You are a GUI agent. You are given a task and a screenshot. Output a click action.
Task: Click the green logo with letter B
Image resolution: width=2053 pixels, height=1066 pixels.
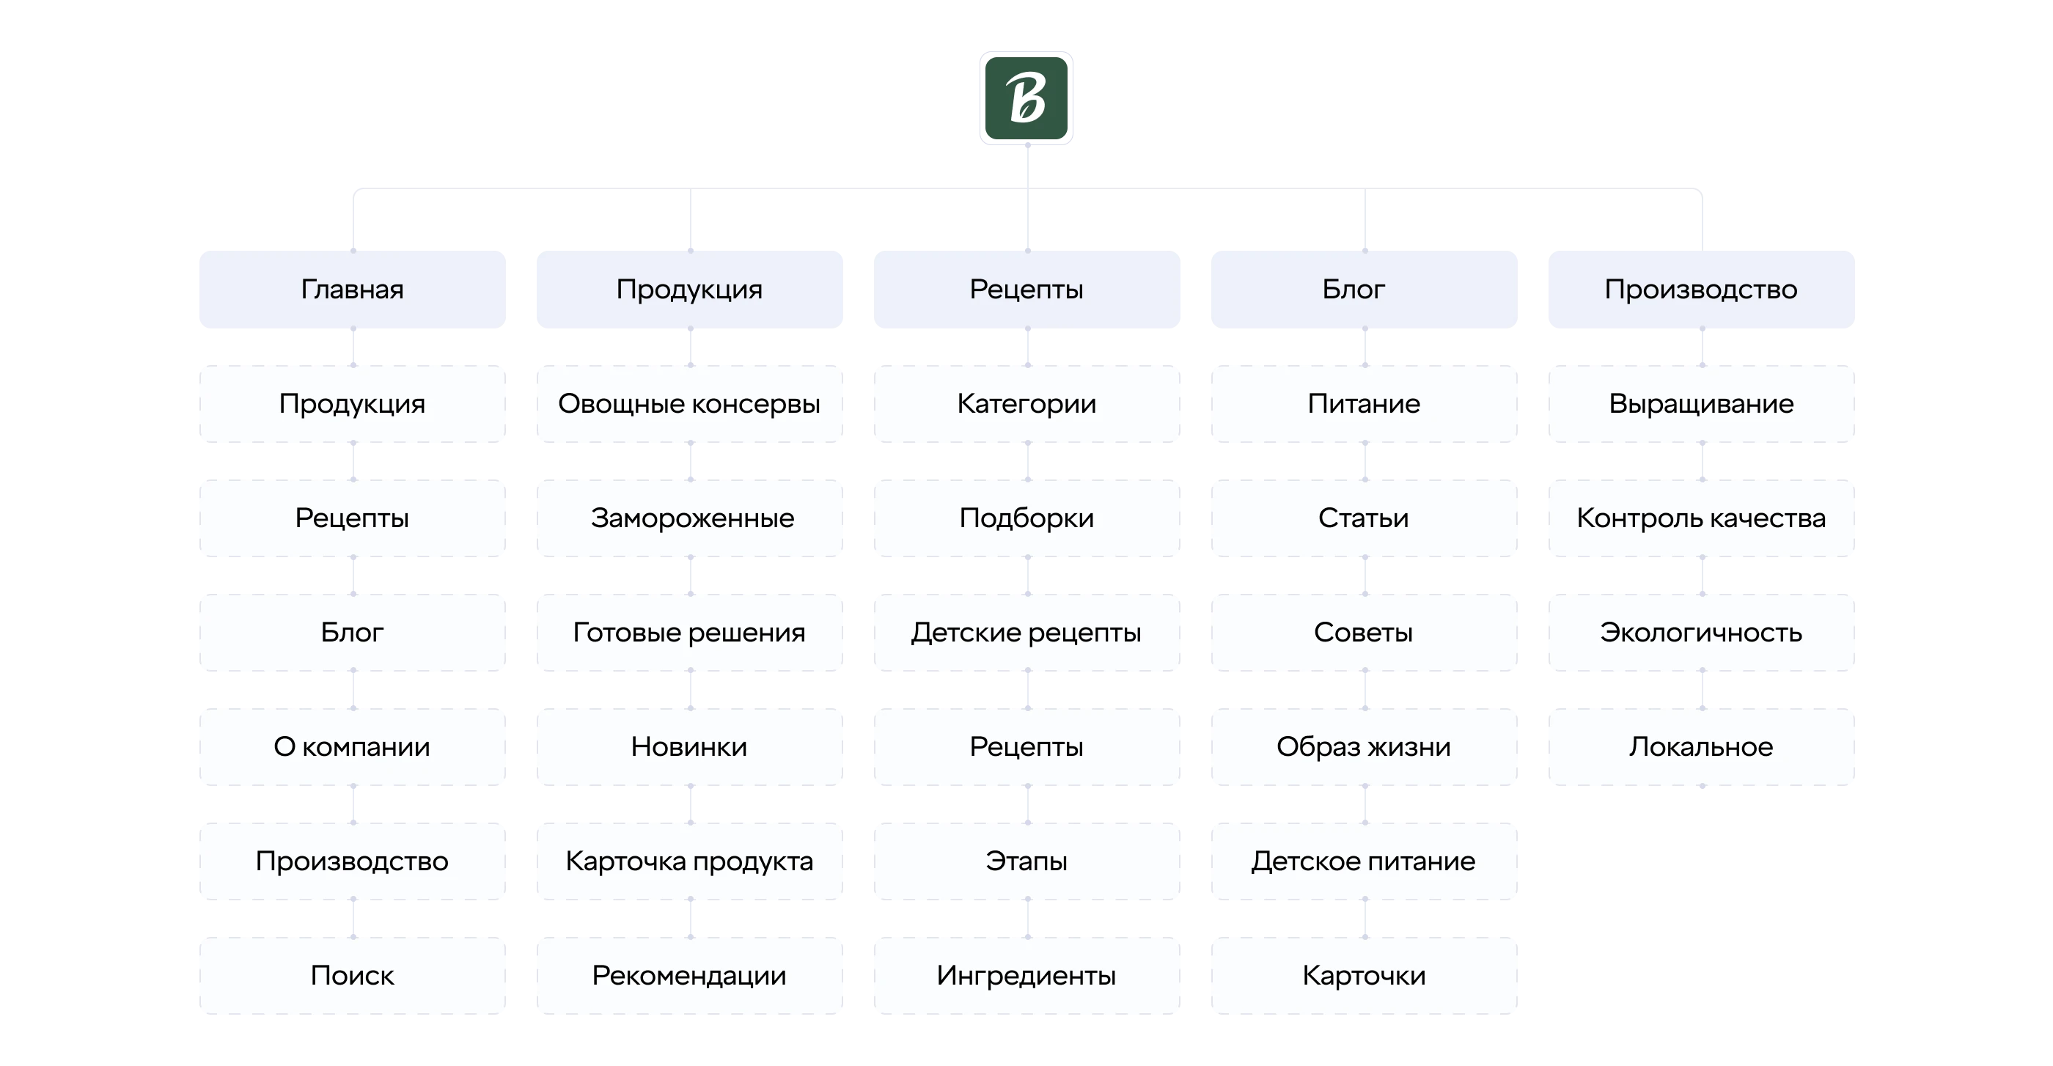tap(1026, 98)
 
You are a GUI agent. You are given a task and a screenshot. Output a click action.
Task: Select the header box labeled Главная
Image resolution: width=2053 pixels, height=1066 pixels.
tap(352, 289)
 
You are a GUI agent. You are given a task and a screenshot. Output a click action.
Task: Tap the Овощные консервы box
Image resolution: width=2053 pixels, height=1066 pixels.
tap(689, 404)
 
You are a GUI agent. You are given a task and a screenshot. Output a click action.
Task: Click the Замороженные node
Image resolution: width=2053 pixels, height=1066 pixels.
tap(689, 518)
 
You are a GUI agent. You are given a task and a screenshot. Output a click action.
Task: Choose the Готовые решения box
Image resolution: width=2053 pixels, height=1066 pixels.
tap(689, 633)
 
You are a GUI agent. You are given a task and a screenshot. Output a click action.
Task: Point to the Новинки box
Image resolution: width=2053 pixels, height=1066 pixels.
tap(689, 746)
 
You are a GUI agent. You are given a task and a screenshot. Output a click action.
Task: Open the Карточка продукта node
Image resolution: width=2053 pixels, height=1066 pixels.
tap(689, 861)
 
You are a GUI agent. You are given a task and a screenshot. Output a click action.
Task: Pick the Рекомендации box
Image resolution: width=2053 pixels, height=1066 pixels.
tap(689, 975)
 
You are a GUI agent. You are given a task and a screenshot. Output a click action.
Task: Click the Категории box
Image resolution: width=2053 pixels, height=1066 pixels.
tap(1026, 404)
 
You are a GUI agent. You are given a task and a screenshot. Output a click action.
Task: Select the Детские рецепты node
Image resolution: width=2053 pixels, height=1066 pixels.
tap(1026, 633)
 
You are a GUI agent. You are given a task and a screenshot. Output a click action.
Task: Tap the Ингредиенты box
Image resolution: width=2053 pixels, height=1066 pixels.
tap(1026, 975)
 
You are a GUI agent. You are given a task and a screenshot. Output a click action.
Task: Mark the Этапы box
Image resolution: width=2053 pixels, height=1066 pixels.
tap(1026, 861)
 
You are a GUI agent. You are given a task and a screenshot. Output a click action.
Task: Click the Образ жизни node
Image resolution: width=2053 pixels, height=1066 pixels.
tap(1365, 746)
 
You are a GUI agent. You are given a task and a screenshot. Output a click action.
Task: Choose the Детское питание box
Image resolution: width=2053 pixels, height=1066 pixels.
tap(1365, 861)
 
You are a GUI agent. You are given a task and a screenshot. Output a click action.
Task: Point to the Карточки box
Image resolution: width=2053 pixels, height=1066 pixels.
tap(1365, 975)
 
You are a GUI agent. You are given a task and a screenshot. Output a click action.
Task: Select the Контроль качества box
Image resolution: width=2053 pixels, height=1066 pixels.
tap(1702, 518)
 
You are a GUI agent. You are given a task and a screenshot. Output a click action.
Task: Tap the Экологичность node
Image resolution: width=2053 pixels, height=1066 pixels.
tap(1702, 633)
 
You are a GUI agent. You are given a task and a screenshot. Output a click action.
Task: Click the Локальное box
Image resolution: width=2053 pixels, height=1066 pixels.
tap(1702, 746)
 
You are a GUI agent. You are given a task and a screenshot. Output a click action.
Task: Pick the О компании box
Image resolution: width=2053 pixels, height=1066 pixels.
tap(352, 746)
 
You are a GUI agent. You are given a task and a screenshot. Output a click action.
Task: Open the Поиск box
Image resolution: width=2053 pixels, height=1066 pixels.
tap(352, 975)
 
